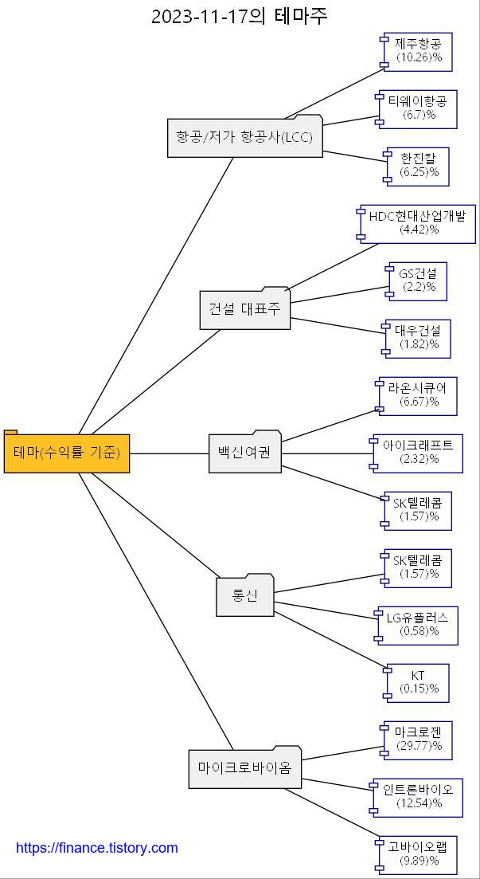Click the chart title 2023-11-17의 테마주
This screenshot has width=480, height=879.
[x=240, y=16]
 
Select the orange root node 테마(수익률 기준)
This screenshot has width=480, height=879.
[x=67, y=453]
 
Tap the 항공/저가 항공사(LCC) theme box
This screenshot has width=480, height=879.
[x=244, y=138]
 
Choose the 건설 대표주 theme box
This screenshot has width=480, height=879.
[x=244, y=310]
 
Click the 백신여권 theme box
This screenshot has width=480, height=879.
[x=244, y=453]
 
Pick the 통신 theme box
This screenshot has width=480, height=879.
[x=244, y=596]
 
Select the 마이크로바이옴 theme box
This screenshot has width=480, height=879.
[x=244, y=769]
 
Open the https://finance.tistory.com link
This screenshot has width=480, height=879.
[x=97, y=848]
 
